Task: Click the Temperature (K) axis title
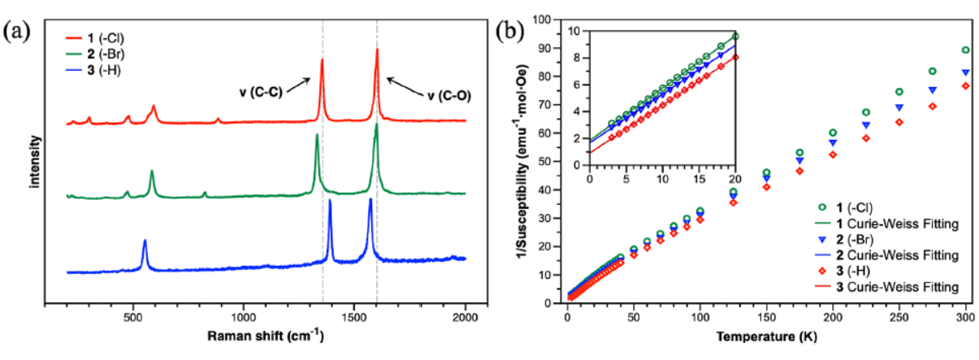coord(767,335)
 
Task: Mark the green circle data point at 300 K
coord(965,50)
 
